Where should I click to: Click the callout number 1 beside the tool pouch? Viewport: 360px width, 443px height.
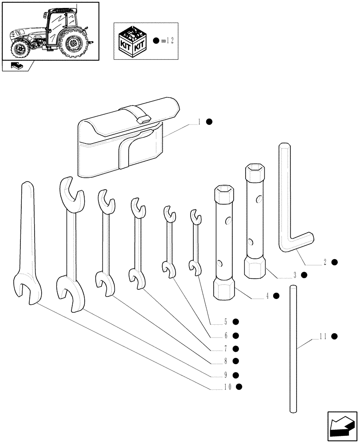coord(200,122)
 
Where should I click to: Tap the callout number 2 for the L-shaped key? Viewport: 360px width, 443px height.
coord(325,262)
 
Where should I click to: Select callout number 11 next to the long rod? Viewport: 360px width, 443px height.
coord(322,337)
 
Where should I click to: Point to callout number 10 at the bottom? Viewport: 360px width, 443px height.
coord(227,387)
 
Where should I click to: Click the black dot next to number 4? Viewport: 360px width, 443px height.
coord(276,296)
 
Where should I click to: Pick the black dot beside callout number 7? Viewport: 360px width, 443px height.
coord(236,349)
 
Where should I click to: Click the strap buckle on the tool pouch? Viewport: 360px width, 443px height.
coord(142,118)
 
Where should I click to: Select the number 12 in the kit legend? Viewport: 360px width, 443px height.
coord(169,41)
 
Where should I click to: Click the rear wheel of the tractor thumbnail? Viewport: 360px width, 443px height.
coord(73,43)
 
